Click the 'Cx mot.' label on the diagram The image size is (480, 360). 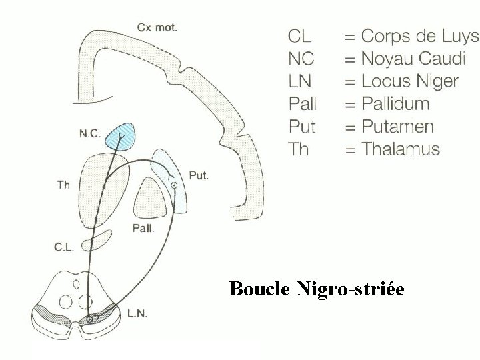157,27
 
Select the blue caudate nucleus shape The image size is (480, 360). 124,135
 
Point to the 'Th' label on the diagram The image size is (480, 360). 63,184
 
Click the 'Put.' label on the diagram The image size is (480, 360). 199,176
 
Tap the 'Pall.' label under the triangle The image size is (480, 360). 144,228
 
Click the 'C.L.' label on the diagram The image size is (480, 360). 64,247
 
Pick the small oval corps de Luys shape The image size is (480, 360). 97,241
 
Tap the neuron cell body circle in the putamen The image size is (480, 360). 173,185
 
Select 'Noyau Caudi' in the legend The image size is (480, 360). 413,59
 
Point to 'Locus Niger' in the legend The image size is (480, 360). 410,81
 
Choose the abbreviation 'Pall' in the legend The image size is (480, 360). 303,104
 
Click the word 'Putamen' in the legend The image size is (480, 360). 397,127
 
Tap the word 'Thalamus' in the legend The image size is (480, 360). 401,149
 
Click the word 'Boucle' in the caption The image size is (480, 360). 258,289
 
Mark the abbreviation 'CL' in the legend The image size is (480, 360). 299,36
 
